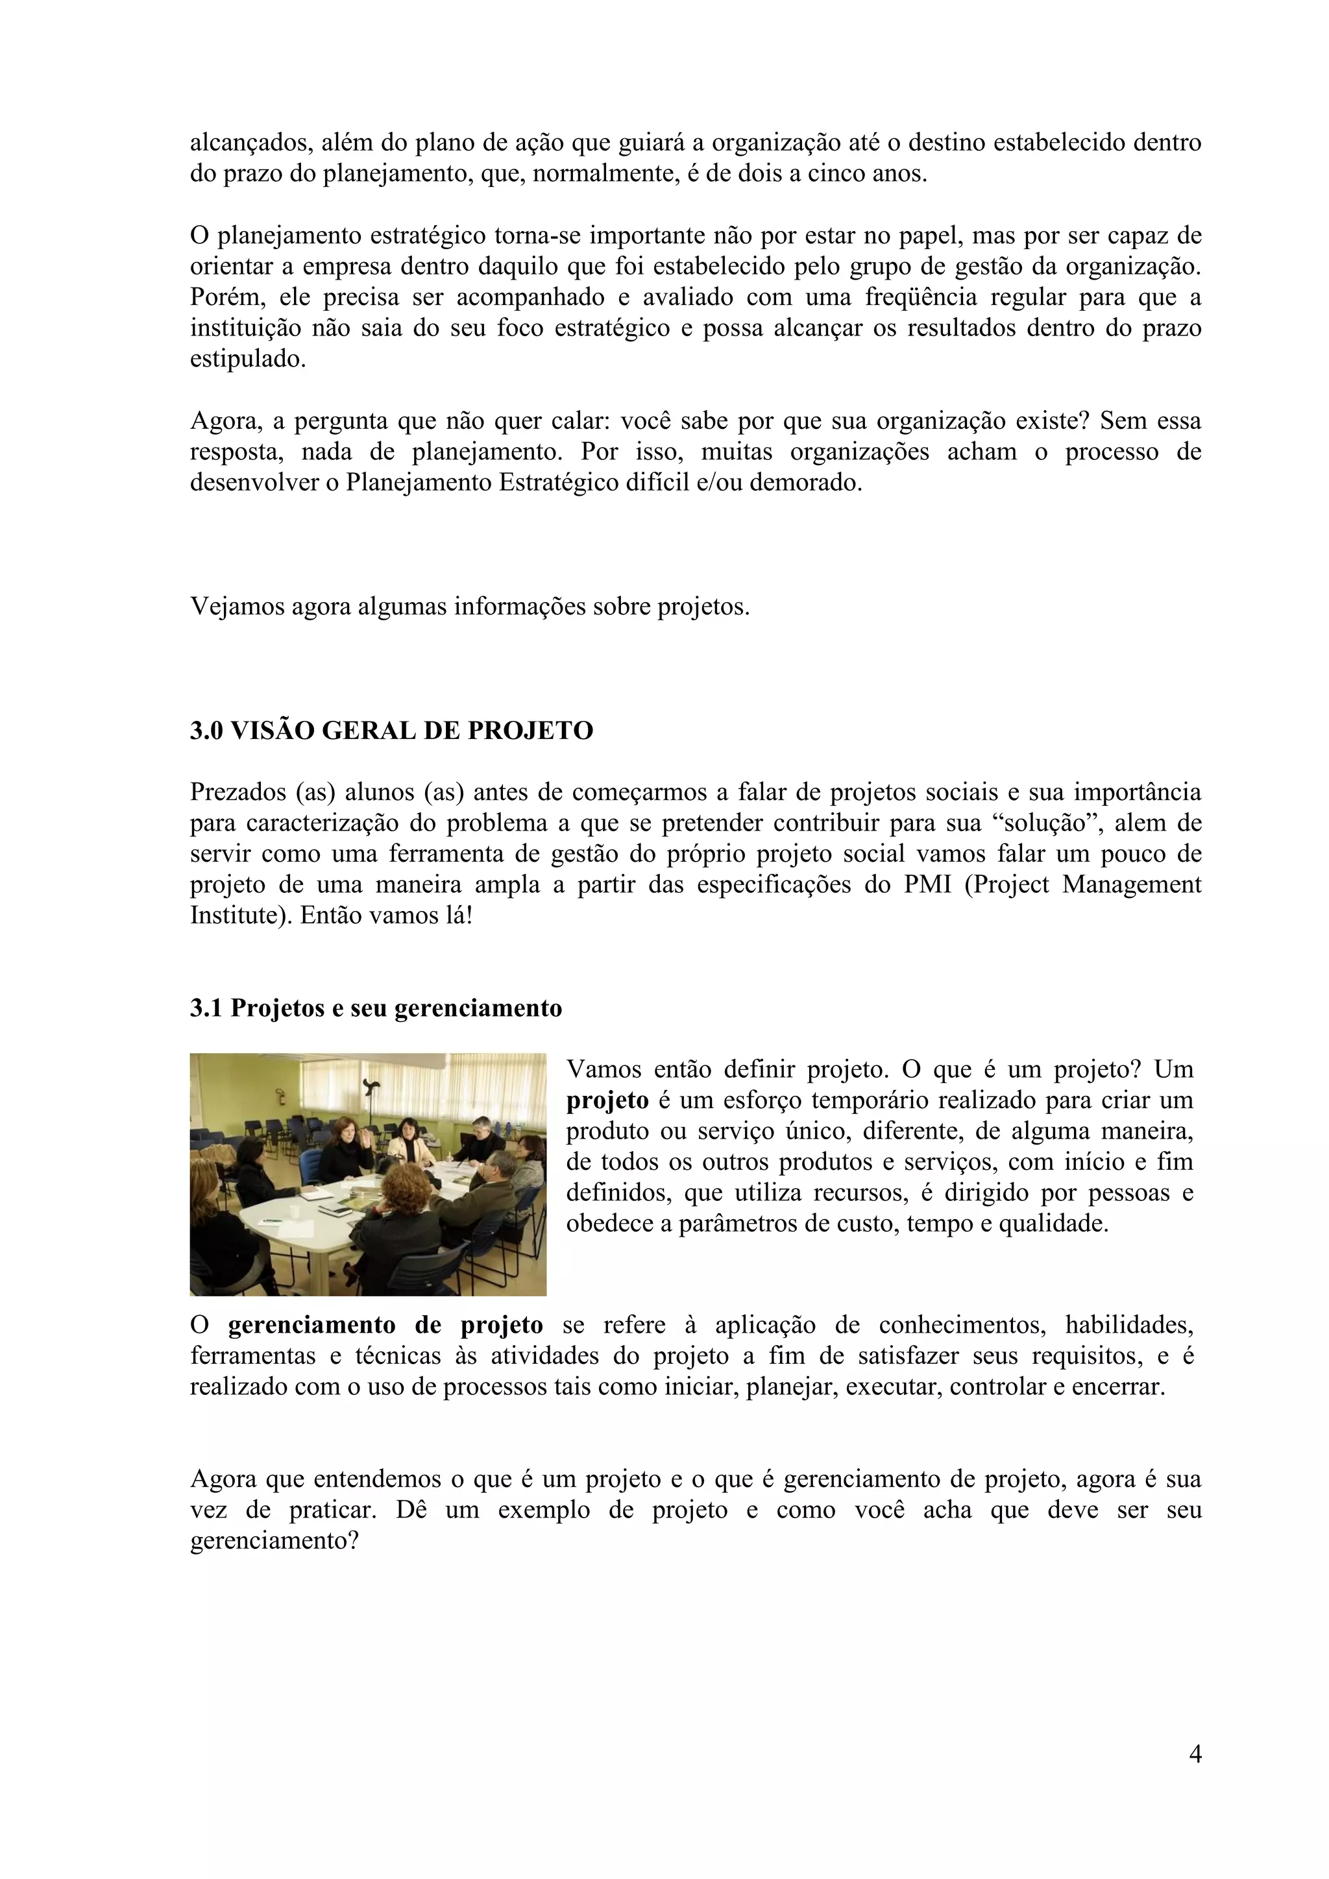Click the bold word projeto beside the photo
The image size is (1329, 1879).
pos(607,1100)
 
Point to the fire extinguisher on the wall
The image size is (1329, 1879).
pos(281,1097)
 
